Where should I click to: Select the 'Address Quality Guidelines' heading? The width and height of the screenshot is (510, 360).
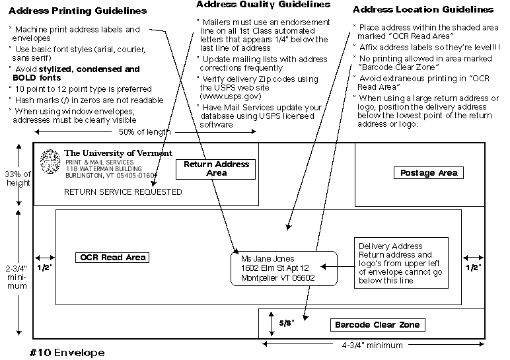(x=263, y=5)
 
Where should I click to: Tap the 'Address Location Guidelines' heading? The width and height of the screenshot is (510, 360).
(x=423, y=10)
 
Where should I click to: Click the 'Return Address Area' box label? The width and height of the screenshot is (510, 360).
(x=216, y=168)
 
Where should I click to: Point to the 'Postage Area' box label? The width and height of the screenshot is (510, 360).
(x=429, y=173)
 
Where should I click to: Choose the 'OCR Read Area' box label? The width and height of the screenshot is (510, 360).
(x=111, y=257)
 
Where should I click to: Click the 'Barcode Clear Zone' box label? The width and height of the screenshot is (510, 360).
(x=377, y=325)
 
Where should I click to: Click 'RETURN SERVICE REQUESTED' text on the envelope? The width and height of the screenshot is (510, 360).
(x=123, y=192)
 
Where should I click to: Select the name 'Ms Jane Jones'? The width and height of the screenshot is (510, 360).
(x=268, y=259)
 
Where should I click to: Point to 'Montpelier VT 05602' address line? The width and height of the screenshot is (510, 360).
(x=278, y=278)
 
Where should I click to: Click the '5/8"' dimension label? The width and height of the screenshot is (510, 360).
(x=285, y=324)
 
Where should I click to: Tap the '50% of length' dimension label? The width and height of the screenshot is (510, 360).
(x=145, y=131)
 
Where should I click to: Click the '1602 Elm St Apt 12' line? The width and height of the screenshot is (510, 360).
(x=274, y=268)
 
